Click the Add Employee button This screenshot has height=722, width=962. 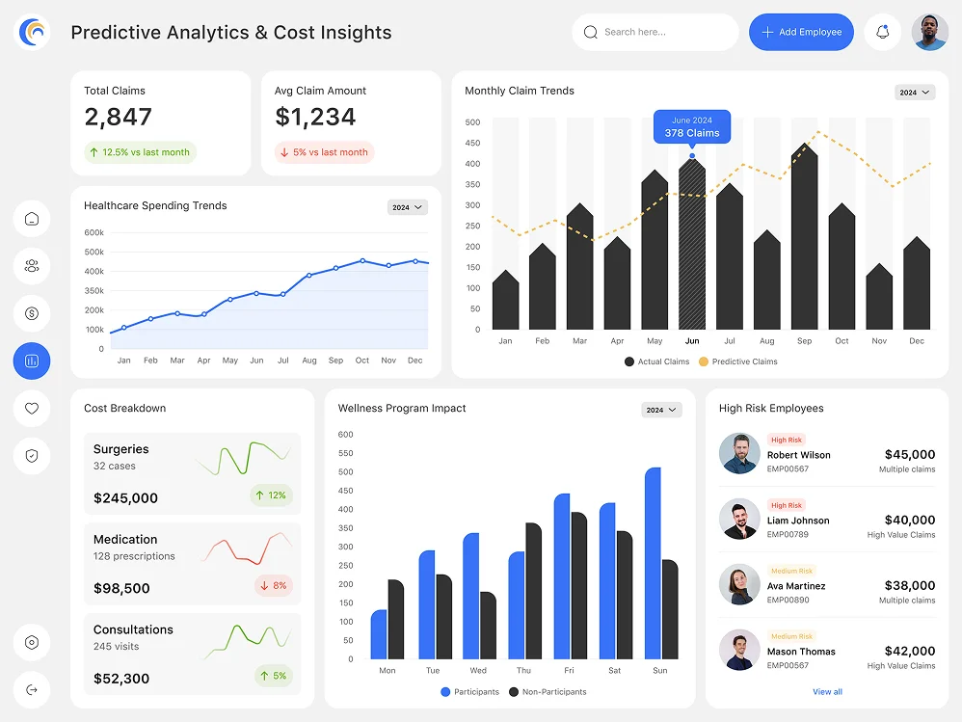point(801,32)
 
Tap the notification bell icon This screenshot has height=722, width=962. point(882,32)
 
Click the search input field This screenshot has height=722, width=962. point(655,32)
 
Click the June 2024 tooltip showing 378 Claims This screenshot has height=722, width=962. point(692,126)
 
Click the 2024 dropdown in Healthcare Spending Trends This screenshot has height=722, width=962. point(407,207)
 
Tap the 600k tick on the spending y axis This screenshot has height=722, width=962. point(94,232)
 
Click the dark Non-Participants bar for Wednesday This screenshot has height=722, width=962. point(488,626)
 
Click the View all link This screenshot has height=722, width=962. point(827,692)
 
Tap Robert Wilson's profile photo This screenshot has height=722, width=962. point(739,453)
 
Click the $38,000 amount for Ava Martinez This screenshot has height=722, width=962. point(909,585)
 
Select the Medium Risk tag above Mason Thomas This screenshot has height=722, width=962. point(791,636)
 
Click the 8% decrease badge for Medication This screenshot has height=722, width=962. point(273,585)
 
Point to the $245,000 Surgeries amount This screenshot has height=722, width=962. point(125,498)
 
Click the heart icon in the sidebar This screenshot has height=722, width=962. point(32,409)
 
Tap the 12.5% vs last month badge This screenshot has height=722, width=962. point(140,152)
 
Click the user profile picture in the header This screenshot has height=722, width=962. point(929,32)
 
